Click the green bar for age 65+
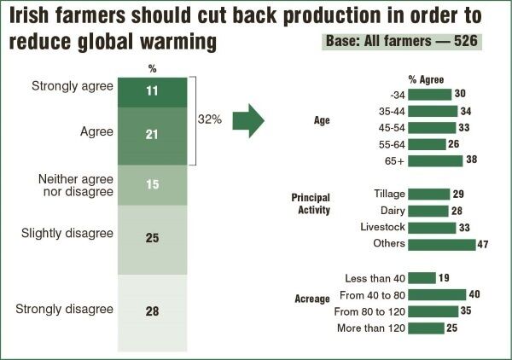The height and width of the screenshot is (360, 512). click(x=435, y=160)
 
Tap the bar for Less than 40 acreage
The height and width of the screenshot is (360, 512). click(x=422, y=277)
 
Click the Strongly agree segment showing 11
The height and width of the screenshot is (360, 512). click(x=152, y=91)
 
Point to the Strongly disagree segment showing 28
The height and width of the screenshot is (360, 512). click(x=152, y=311)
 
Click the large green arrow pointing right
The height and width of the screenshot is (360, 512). click(x=248, y=120)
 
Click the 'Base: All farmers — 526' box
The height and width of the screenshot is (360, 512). click(x=403, y=42)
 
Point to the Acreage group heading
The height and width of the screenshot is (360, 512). click(x=312, y=299)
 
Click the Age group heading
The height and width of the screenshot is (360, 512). click(x=323, y=120)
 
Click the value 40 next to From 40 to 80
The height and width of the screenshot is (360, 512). click(x=475, y=294)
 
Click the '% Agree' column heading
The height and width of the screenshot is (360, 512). click(x=424, y=79)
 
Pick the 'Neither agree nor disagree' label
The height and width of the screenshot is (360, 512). click(x=76, y=184)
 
